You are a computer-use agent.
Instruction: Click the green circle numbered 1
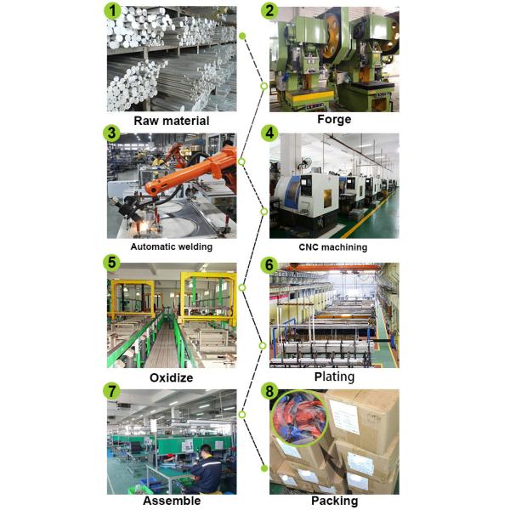110,11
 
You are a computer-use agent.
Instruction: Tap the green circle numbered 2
270,11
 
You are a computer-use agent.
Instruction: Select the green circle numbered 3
110,133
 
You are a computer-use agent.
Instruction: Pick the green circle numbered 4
270,133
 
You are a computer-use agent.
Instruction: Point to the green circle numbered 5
110,263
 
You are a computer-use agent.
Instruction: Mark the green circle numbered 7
110,391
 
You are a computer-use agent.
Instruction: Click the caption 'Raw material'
171,121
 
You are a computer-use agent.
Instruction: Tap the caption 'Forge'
333,120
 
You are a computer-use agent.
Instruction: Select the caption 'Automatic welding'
171,247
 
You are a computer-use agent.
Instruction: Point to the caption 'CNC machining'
333,247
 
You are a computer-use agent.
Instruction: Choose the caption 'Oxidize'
171,377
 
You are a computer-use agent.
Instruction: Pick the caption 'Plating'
333,377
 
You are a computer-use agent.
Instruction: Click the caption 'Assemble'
171,501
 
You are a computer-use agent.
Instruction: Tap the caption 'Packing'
333,501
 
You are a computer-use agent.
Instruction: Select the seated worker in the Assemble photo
204,467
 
